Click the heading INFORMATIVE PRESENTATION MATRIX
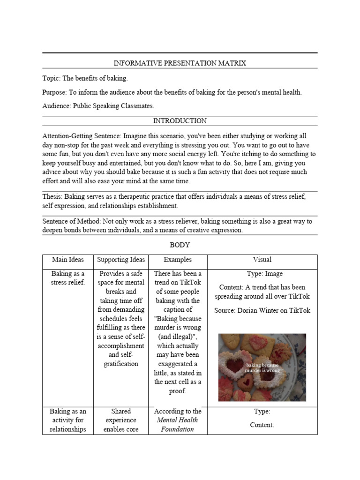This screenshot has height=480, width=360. pyautogui.click(x=180, y=63)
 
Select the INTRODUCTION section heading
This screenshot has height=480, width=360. pyautogui.click(x=180, y=121)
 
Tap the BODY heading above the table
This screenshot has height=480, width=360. pyautogui.click(x=180, y=245)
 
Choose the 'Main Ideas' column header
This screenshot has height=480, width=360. pyautogui.click(x=67, y=260)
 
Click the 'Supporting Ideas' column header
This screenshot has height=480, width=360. pyautogui.click(x=121, y=260)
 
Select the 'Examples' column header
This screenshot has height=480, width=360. pyautogui.click(x=178, y=260)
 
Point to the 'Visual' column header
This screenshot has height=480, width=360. pyautogui.click(x=262, y=260)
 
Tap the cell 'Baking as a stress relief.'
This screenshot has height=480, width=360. pyautogui.click(x=67, y=278)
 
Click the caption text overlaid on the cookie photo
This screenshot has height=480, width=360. pyautogui.click(x=262, y=367)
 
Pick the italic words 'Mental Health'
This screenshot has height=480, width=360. pyautogui.click(x=177, y=420)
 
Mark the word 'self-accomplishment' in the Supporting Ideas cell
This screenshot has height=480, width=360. pyautogui.click(x=121, y=341)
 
